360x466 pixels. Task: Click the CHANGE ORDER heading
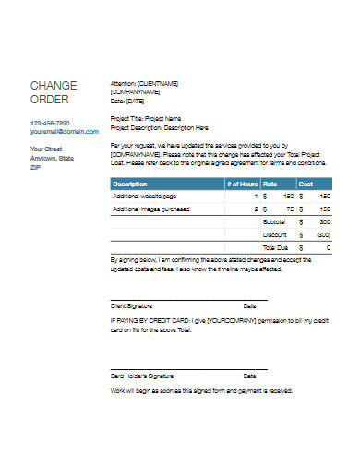(54, 92)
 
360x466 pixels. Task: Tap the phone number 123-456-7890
(50, 123)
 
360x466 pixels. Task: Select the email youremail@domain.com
(64, 131)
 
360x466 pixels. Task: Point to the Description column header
(131, 184)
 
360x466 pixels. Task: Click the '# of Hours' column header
(242, 184)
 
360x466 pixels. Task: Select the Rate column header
(271, 184)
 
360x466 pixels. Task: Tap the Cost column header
(306, 184)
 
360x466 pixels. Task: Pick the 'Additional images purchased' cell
(151, 209)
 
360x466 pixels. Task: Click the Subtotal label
(274, 222)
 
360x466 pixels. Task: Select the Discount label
(274, 235)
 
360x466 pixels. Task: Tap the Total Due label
(274, 248)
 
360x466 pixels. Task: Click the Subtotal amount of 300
(324, 222)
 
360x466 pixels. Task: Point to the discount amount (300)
(323, 235)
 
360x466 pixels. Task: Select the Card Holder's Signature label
(142, 376)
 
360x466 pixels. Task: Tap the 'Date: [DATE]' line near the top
(129, 100)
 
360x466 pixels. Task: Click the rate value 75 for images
(289, 209)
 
